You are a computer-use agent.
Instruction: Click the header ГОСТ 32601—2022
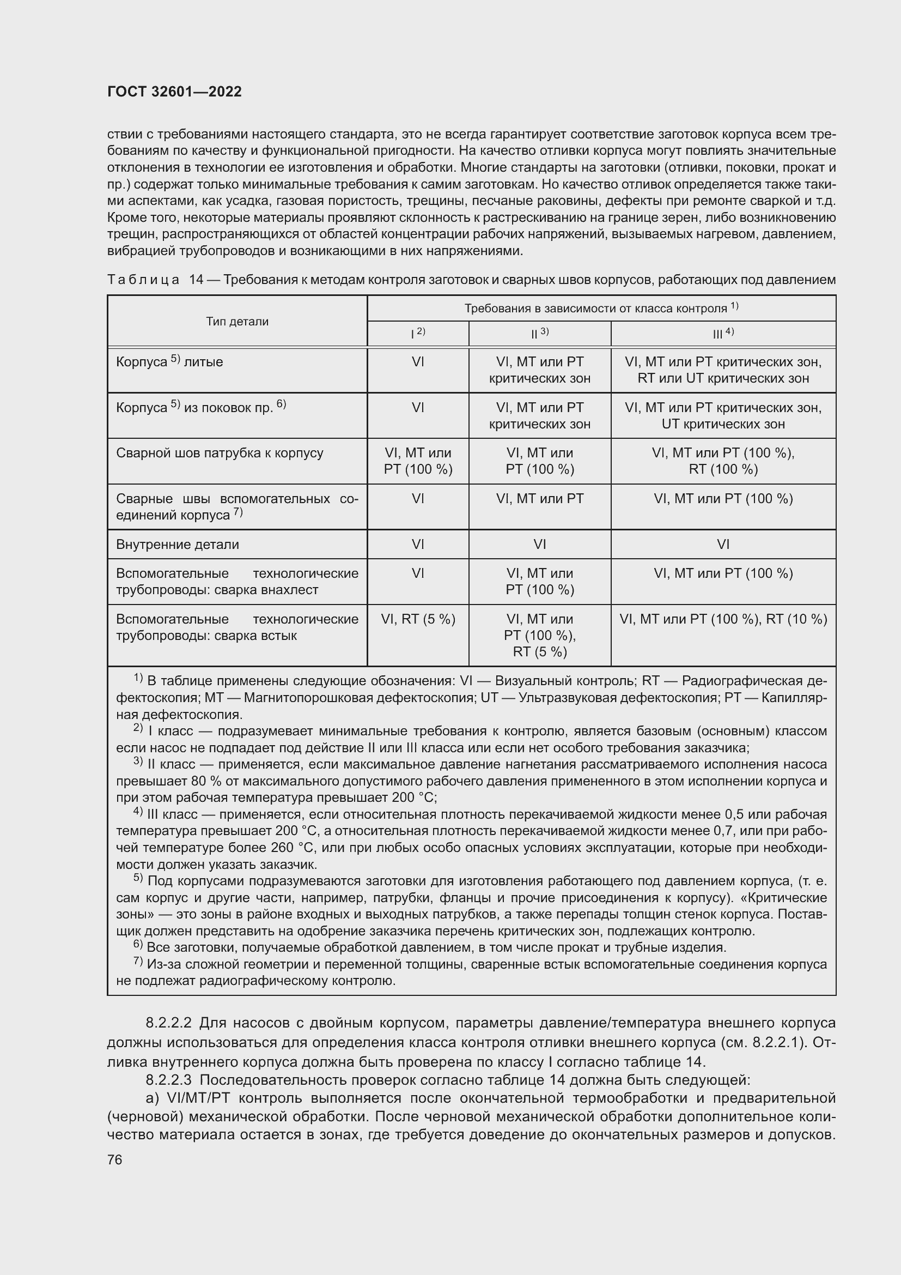(174, 92)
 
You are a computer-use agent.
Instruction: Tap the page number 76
(115, 1159)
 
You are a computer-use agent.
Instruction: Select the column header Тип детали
(237, 322)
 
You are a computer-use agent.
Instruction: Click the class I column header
(418, 333)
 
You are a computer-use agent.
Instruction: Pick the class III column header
(723, 333)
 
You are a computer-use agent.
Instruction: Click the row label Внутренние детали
(178, 544)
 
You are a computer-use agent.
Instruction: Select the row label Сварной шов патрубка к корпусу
(220, 453)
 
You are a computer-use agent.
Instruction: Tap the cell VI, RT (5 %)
(418, 619)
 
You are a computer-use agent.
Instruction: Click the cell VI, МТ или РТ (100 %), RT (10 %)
(723, 619)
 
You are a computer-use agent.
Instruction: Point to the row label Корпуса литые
(169, 362)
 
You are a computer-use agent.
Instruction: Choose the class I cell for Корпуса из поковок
(418, 408)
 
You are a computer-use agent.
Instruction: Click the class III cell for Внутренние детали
(723, 544)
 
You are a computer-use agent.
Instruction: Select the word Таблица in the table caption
(143, 280)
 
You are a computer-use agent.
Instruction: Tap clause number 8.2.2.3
(168, 1080)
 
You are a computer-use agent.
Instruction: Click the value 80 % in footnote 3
(199, 781)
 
